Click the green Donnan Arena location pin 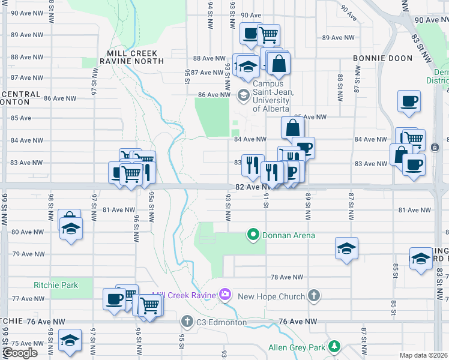point(253,235)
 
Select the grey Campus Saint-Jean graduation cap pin point(244,94)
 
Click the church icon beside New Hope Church point(313,295)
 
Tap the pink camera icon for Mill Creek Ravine point(225,294)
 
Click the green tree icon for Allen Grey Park point(334,346)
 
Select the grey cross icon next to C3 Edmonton point(187,322)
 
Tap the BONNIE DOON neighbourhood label point(382,58)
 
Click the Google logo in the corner point(20,353)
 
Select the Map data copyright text point(424,355)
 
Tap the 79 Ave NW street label point(28,254)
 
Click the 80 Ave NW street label point(28,232)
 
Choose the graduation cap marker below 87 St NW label point(346,248)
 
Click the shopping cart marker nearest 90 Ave point(268,35)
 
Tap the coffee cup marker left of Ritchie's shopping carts point(114,298)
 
